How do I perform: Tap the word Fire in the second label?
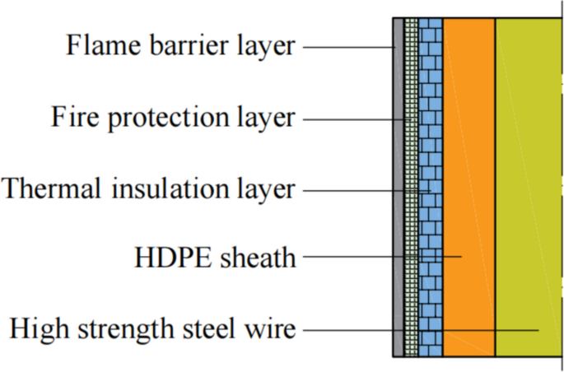point(71,117)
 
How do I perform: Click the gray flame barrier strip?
point(398,206)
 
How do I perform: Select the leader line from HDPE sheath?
point(379,257)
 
